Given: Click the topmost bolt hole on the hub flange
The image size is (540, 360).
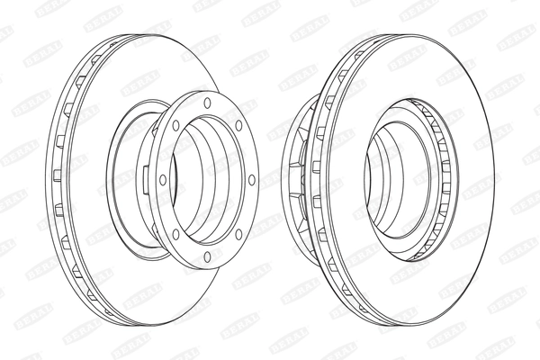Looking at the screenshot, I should pos(208,103).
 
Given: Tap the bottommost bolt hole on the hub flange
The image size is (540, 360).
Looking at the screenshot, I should pos(208,257).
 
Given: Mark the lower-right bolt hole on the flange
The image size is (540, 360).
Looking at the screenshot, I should pos(239,233).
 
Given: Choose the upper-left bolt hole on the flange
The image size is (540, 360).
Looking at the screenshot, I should pos(176,126).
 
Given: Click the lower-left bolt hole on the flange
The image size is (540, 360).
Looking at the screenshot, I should pos(175,236).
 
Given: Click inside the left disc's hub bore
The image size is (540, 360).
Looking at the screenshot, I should pos(209,180).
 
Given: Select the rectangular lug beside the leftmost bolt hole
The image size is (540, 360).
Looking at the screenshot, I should pos(148,180).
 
